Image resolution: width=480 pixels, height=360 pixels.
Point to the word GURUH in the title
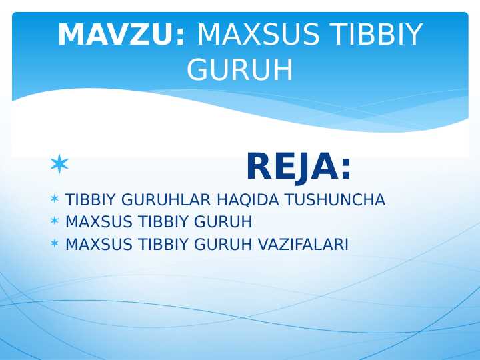[240, 69]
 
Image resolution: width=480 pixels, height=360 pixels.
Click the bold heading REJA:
[298, 167]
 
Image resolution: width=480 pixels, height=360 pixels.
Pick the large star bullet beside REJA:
[59, 163]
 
